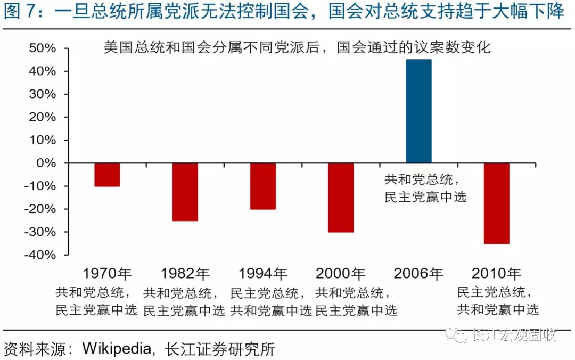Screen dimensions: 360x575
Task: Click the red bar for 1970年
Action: tap(107, 175)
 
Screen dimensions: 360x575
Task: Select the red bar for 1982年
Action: tap(185, 192)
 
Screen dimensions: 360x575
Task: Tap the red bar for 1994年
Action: tap(263, 186)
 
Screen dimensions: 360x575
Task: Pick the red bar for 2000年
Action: tap(341, 198)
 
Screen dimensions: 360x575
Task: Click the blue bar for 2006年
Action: tap(418, 111)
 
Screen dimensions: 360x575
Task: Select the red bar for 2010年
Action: tap(496, 203)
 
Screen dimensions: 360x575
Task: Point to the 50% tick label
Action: tap(43, 48)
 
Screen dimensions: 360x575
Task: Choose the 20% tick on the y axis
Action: tap(43, 117)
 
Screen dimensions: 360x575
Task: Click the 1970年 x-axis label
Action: tap(107, 274)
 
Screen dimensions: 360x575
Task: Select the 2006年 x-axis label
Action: tap(418, 274)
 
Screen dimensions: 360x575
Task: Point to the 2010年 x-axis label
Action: tap(496, 274)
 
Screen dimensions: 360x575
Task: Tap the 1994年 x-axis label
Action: tap(263, 274)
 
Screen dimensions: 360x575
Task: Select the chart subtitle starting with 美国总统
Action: tap(297, 47)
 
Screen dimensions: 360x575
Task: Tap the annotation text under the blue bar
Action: tap(425, 188)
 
